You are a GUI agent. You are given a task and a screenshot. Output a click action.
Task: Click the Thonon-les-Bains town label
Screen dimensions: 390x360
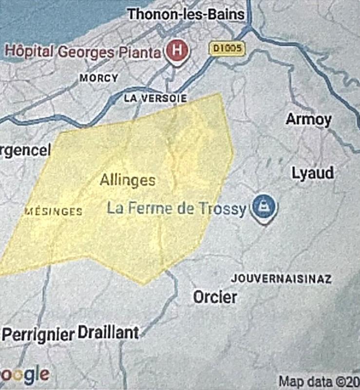click(x=186, y=14)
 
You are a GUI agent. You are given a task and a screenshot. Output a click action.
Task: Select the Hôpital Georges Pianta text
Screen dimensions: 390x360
click(x=83, y=51)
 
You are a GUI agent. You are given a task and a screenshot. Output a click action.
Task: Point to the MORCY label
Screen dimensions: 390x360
click(x=98, y=78)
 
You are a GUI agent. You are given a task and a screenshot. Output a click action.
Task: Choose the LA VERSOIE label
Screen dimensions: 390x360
click(x=155, y=98)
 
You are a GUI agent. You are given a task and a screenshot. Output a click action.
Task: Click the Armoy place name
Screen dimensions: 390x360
click(x=309, y=119)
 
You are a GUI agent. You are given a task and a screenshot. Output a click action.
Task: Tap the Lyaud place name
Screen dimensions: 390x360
click(x=313, y=173)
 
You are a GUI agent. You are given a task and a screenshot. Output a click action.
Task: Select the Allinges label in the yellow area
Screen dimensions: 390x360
click(x=128, y=180)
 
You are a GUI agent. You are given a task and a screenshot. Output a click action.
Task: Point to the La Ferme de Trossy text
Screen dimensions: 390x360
click(x=176, y=209)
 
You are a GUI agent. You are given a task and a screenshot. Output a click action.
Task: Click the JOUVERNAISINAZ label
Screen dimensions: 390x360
click(x=281, y=279)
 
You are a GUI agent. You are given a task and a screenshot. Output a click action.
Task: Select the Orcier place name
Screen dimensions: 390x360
click(x=215, y=297)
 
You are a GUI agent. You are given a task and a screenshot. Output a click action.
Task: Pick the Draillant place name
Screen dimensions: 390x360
click(x=108, y=333)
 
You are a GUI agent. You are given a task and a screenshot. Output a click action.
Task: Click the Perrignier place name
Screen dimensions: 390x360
click(x=38, y=335)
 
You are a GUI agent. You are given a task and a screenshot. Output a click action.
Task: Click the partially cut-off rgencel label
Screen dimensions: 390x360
click(x=25, y=151)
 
